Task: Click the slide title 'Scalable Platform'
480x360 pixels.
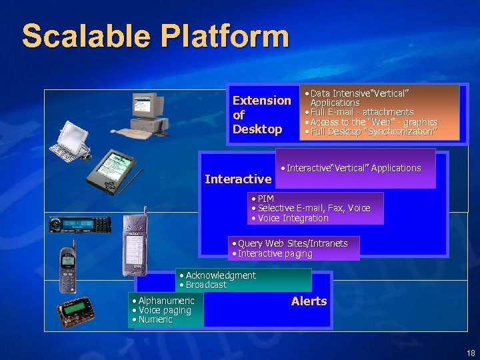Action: pyautogui.click(x=155, y=36)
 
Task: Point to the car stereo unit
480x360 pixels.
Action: pyautogui.click(x=80, y=225)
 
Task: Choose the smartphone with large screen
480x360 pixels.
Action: pyautogui.click(x=134, y=244)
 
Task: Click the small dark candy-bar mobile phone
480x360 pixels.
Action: pyautogui.click(x=67, y=269)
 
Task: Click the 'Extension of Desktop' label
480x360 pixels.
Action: pyautogui.click(x=261, y=115)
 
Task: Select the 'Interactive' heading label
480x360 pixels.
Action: pyautogui.click(x=238, y=179)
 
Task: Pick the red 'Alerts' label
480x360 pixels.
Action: pyautogui.click(x=309, y=301)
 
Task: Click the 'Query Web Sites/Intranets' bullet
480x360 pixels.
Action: pyautogui.click(x=292, y=243)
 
